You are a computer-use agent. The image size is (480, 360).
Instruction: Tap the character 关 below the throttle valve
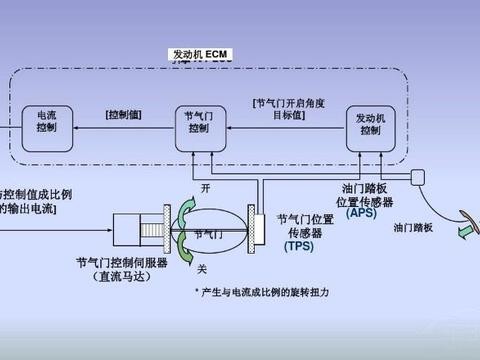coord(204,267)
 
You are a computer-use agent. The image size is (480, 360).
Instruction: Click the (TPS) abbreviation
coord(299,245)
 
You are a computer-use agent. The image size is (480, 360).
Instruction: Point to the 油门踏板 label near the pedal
coord(412,228)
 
